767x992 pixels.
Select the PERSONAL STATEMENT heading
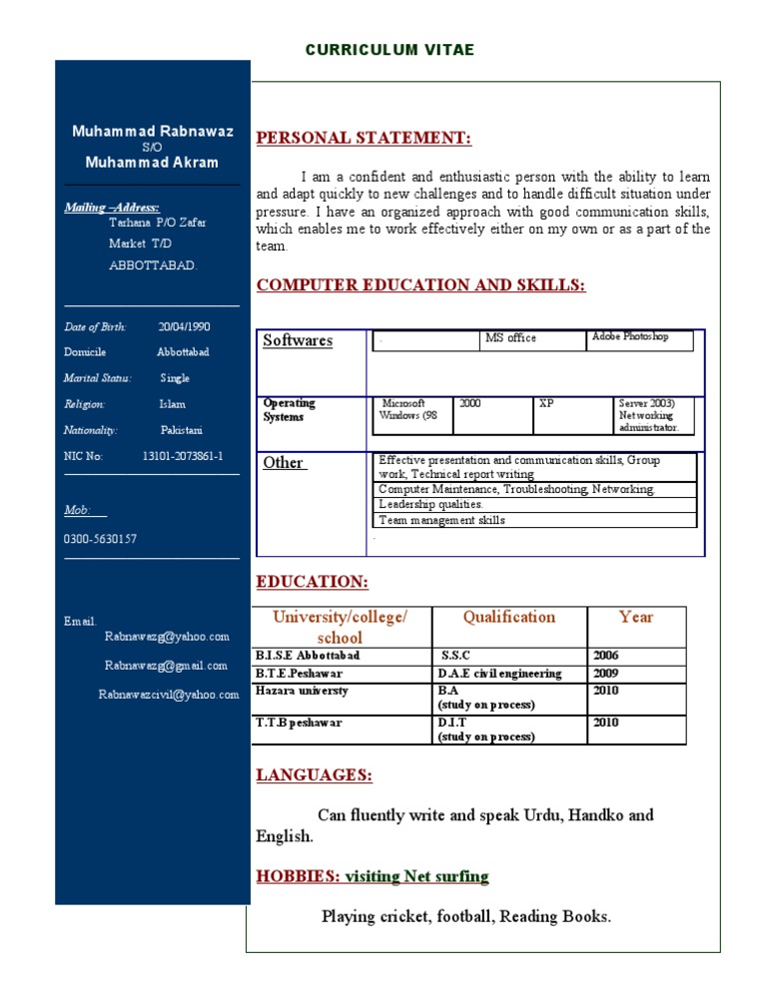click(x=364, y=138)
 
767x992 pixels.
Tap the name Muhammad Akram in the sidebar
click(x=152, y=163)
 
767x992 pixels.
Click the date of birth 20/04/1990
click(x=184, y=326)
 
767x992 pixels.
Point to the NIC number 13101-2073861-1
click(x=183, y=456)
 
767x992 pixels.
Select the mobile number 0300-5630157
click(x=101, y=539)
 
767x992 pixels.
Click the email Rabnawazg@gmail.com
click(x=167, y=666)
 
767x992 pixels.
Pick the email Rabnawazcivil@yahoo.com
click(x=169, y=695)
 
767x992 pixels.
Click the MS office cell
click(x=510, y=338)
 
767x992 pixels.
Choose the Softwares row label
click(x=298, y=341)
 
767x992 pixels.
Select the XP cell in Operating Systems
click(x=546, y=404)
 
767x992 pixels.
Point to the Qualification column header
click(x=508, y=617)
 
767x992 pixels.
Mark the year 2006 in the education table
click(x=605, y=657)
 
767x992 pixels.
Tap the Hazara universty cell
click(x=302, y=691)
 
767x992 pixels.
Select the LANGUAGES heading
click(x=315, y=774)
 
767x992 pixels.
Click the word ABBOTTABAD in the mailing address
click(x=153, y=266)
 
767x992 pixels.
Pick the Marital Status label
click(x=94, y=378)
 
